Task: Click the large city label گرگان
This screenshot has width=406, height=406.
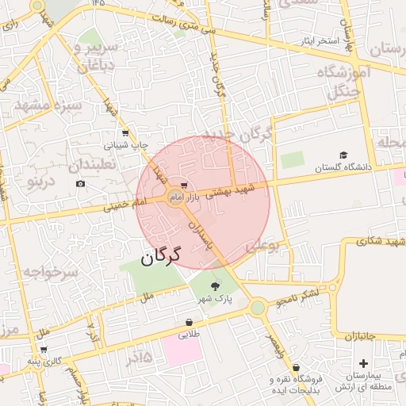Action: pyautogui.click(x=162, y=256)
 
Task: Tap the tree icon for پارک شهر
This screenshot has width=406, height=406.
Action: pyautogui.click(x=215, y=286)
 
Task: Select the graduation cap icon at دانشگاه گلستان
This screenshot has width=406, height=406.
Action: pyautogui.click(x=343, y=155)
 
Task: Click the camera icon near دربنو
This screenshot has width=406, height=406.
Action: pyautogui.click(x=80, y=184)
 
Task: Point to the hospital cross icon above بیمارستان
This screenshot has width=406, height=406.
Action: pyautogui.click(x=363, y=363)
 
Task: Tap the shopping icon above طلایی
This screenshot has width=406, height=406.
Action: pyautogui.click(x=189, y=323)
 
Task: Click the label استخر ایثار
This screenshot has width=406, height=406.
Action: pyautogui.click(x=318, y=40)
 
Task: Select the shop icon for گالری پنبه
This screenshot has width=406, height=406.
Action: pyautogui.click(x=44, y=349)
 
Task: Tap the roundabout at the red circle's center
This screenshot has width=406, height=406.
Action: pyautogui.click(x=175, y=196)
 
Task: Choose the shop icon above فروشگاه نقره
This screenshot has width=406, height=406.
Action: pyautogui.click(x=296, y=368)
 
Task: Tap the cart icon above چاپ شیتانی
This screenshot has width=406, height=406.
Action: pyautogui.click(x=125, y=133)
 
